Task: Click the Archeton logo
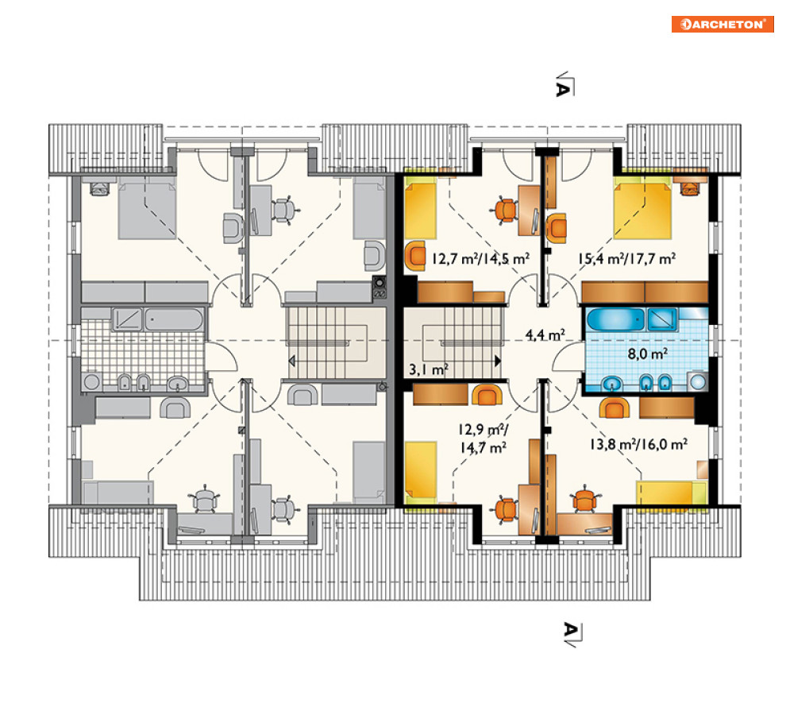pyautogui.click(x=723, y=24)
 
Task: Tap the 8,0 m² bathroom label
pyautogui.click(x=647, y=354)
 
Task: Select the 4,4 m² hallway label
pyautogui.click(x=545, y=334)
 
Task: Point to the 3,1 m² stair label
pyautogui.click(x=428, y=369)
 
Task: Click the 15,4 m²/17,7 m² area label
pyautogui.click(x=626, y=259)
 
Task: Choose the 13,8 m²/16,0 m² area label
pyautogui.click(x=638, y=444)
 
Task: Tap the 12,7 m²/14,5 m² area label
pyautogui.click(x=480, y=259)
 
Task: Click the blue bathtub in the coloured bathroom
pyautogui.click(x=615, y=319)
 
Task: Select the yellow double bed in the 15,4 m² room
pyautogui.click(x=642, y=211)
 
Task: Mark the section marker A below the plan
pyautogui.click(x=572, y=634)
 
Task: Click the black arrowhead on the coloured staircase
pyautogui.click(x=498, y=361)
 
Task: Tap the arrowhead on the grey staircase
pyautogui.click(x=291, y=361)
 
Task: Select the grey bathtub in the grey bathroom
pyautogui.click(x=174, y=319)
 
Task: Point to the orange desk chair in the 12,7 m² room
pyautogui.click(x=506, y=211)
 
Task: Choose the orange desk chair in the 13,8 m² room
pyautogui.click(x=584, y=499)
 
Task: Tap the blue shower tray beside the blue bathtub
pyautogui.click(x=661, y=319)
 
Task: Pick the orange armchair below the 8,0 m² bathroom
pyautogui.click(x=615, y=408)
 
